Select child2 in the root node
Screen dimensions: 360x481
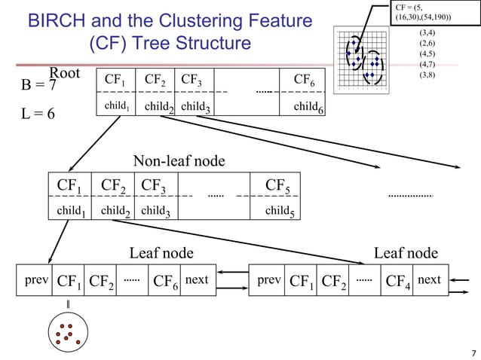point(159,108)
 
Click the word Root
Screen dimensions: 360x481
point(65,73)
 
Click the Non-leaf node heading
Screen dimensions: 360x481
point(179,160)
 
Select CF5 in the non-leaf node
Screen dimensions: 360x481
point(280,185)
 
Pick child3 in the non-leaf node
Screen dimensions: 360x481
point(155,212)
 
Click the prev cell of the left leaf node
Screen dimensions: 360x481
point(37,281)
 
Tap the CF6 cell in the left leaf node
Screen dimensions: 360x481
point(165,282)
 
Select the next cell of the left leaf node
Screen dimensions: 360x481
point(197,281)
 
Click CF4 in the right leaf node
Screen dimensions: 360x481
point(397,282)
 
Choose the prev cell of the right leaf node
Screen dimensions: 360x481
point(269,281)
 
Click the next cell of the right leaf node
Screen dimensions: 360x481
point(429,281)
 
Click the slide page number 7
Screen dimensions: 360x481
point(473,352)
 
